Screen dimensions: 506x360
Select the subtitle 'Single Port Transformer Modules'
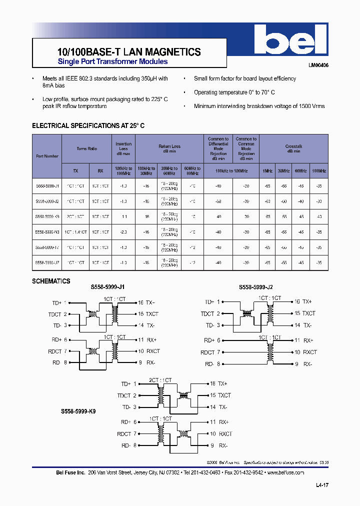click(x=113, y=62)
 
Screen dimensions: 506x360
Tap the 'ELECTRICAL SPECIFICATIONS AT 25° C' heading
click(x=88, y=126)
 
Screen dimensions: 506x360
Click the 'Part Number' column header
click(x=47, y=156)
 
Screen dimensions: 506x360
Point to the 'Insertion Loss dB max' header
click(x=123, y=148)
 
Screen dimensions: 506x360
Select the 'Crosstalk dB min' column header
click(x=293, y=148)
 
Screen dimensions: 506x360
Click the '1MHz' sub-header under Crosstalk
click(x=267, y=171)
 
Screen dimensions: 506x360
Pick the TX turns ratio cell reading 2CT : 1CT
click(x=75, y=217)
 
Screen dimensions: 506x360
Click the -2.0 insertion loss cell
click(x=123, y=232)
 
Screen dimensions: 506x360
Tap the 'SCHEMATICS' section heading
click(x=51, y=281)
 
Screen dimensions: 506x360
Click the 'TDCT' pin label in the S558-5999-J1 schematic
click(x=54, y=314)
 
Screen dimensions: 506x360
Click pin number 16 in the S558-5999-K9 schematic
click(x=212, y=384)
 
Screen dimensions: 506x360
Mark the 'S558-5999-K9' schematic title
click(x=78, y=410)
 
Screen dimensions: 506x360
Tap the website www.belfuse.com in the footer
click(x=285, y=472)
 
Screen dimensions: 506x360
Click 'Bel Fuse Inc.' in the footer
click(x=70, y=472)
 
